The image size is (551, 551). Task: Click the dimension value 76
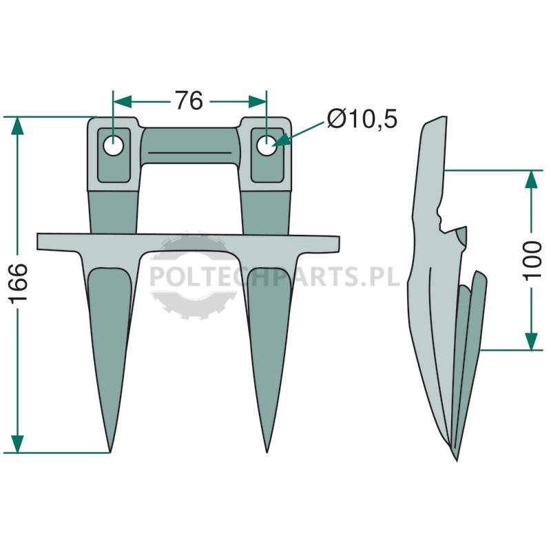pos(189,101)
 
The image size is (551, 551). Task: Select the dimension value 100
pos(532,260)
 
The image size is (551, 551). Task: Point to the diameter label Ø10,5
pos(362,118)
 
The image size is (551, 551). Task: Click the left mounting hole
pos(113,145)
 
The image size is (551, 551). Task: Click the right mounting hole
pos(267,145)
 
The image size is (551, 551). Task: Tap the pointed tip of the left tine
pos(110,452)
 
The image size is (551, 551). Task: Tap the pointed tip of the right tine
pos(267,452)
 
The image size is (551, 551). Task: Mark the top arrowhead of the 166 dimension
pos(17,125)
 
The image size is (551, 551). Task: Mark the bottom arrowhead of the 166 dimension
pos(17,444)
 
